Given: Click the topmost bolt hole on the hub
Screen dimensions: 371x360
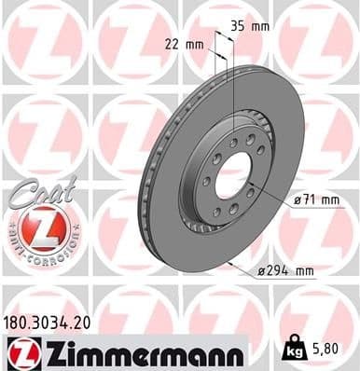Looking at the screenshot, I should (233, 142).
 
